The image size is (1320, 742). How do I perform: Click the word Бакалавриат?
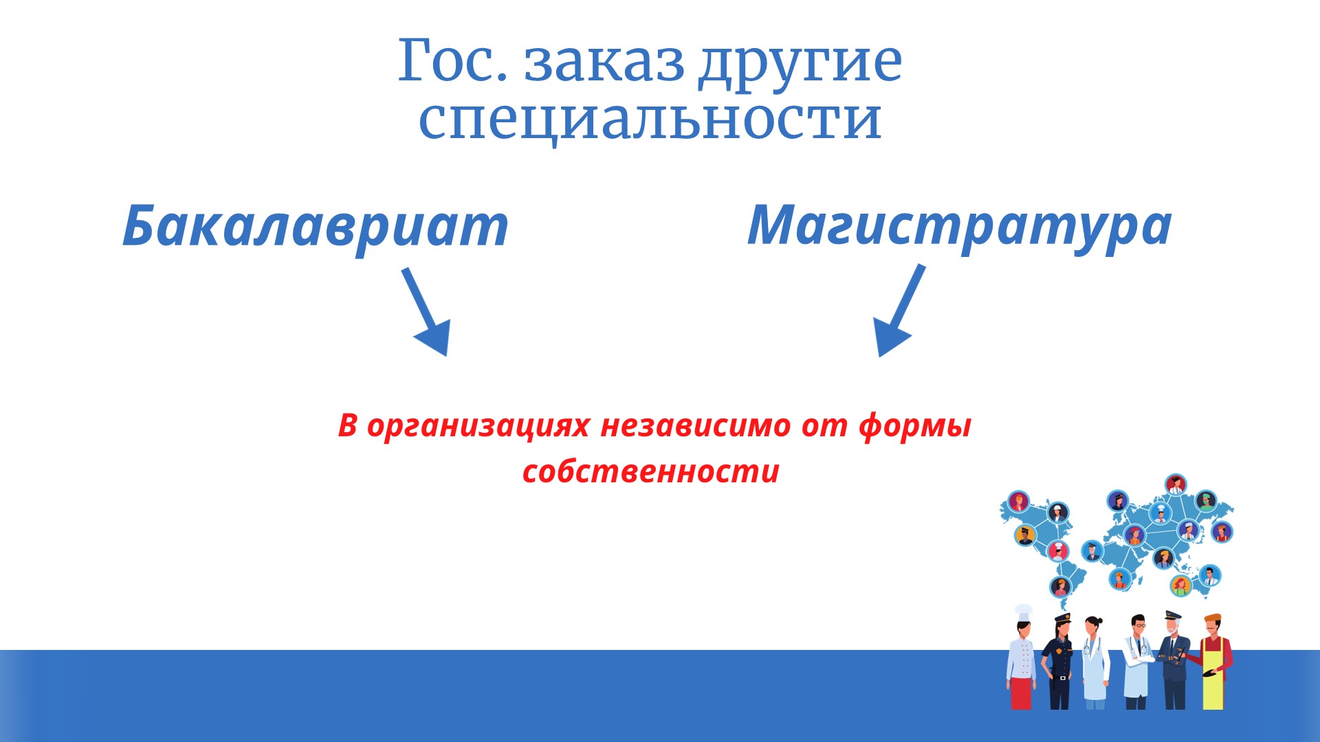coord(316,226)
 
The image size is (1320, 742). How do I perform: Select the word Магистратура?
coord(960,226)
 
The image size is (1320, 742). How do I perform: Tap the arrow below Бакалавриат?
coord(426,312)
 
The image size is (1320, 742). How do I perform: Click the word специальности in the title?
coord(650,119)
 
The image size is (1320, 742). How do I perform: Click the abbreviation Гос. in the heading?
coord(453,60)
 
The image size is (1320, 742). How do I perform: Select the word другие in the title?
coord(800,63)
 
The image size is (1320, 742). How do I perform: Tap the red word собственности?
coord(651,471)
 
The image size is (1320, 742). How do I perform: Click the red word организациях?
coord(478,425)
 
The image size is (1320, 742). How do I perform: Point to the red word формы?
coord(915,425)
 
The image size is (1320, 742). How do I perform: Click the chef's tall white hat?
coord(1023,611)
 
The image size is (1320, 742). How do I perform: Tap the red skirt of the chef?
coord(1021,693)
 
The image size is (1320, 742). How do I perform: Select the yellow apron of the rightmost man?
coord(1213,676)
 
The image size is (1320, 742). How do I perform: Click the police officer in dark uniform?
coord(1057,661)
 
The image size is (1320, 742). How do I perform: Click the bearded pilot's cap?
coord(1172,616)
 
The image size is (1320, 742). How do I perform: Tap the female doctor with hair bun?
coord(1094,663)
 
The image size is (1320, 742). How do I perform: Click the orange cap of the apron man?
coord(1212,618)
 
